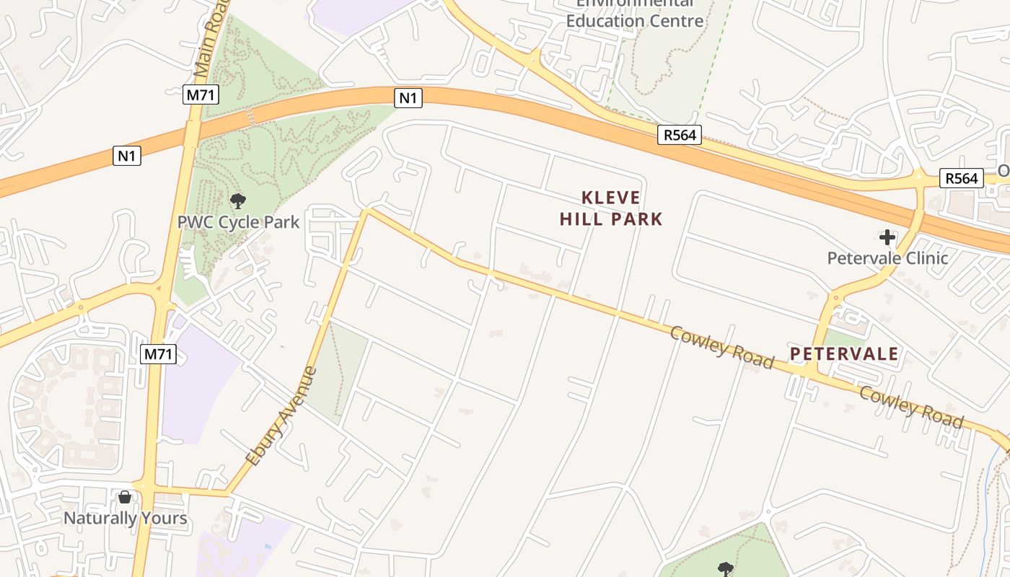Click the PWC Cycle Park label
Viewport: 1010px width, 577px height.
[238, 221]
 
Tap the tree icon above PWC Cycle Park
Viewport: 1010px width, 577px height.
[237, 201]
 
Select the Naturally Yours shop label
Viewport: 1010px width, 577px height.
[126, 518]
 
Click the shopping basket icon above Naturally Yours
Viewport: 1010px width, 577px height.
[125, 497]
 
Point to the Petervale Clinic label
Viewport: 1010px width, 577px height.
[887, 257]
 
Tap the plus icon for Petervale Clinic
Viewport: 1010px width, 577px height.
[887, 237]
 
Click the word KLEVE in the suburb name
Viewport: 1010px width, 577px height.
[611, 198]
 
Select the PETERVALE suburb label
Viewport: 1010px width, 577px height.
[844, 353]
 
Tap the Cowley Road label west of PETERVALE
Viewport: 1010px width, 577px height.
[721, 347]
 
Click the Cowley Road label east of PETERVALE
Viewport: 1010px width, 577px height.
[911, 406]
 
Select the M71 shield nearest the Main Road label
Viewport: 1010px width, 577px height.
[201, 94]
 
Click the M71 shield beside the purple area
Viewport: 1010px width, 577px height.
[159, 353]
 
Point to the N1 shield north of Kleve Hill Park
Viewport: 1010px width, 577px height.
[408, 97]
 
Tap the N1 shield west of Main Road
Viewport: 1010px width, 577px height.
[127, 155]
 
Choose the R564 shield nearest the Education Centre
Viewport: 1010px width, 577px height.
[679, 135]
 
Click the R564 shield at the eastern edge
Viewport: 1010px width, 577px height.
[962, 178]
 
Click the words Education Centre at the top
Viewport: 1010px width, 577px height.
[634, 20]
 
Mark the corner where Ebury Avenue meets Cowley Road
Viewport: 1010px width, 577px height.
[368, 211]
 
